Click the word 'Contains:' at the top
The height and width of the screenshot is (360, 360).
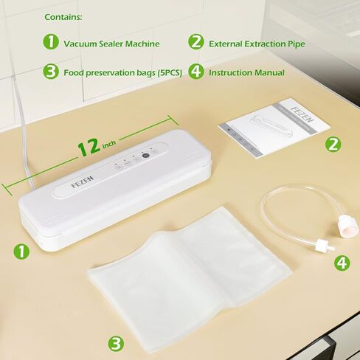[x=63, y=16]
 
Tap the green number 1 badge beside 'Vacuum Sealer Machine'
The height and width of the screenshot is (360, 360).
[x=51, y=43]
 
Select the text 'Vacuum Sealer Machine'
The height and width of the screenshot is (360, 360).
[x=111, y=44]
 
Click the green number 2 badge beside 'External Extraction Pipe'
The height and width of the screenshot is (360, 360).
[x=196, y=43]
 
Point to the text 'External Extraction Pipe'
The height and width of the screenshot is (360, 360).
[x=257, y=44]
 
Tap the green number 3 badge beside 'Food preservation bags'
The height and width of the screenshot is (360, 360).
[x=51, y=72]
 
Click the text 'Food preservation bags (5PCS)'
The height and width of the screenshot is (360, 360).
[x=120, y=72]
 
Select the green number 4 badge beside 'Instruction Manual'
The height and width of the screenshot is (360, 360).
[x=196, y=72]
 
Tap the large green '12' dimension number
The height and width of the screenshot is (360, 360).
[x=89, y=148]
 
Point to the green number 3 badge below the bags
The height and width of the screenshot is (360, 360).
[x=115, y=342]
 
